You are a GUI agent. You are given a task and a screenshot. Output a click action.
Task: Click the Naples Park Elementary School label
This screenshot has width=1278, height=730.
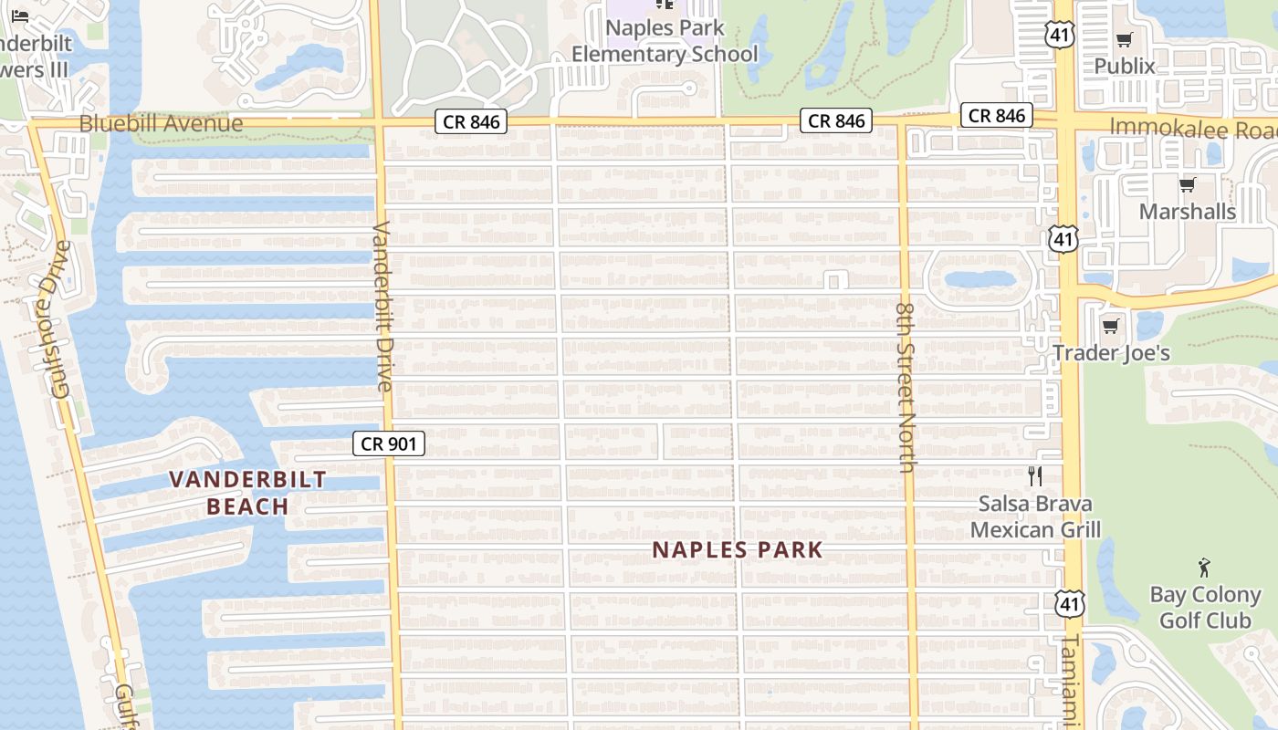665,41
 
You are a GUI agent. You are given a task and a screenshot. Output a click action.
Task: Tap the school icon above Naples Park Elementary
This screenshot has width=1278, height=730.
665,5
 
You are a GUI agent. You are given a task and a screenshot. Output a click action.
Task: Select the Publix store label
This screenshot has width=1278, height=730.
1125,66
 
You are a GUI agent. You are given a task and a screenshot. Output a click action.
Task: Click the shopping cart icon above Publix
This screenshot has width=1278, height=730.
1125,39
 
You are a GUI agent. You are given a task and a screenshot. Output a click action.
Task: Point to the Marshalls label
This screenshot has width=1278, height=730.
1188,212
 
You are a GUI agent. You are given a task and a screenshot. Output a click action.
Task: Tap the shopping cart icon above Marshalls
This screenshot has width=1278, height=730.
1187,185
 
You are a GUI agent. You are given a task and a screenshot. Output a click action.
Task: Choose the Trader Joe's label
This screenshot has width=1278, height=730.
1111,352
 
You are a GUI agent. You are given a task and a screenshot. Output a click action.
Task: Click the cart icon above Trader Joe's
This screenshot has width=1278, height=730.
1111,326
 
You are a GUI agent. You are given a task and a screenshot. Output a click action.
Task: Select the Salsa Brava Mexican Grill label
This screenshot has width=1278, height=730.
1035,516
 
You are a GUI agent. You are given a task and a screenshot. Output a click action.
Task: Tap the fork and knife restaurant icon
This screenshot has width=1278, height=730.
1035,475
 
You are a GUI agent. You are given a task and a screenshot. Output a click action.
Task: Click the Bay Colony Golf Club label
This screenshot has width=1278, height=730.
1205,608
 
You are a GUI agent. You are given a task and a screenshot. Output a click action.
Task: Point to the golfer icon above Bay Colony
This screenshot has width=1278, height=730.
1205,568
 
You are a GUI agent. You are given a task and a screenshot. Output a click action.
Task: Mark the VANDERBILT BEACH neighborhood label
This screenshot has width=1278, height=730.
247,493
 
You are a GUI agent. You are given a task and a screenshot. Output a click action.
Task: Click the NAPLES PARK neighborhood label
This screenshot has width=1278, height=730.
738,550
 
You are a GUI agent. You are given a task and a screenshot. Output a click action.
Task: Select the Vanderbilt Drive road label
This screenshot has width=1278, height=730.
382,306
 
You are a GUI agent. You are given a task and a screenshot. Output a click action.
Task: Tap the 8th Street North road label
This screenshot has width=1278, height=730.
906,388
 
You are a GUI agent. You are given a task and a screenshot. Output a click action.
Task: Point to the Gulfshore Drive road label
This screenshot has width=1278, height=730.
61,319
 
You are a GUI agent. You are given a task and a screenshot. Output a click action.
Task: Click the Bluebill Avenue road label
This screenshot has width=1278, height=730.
162,123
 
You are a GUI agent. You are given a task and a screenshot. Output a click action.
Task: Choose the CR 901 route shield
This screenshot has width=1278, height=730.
389,444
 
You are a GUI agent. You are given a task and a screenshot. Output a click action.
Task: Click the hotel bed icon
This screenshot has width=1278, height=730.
20,16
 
